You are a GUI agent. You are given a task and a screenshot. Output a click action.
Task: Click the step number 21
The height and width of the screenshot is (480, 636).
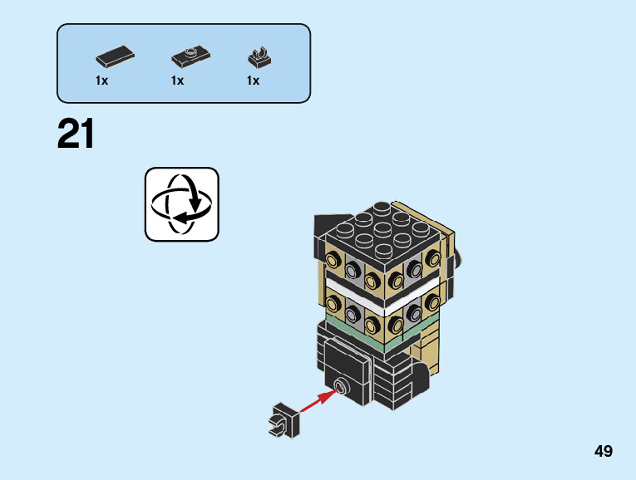76,135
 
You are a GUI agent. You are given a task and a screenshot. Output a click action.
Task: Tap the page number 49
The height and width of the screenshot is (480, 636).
604,452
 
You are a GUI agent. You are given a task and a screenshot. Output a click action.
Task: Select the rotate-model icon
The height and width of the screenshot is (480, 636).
182,204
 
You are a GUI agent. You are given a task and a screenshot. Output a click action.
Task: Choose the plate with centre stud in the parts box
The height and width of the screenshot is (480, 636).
190,57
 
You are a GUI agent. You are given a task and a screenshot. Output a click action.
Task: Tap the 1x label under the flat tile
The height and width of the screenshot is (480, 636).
102,81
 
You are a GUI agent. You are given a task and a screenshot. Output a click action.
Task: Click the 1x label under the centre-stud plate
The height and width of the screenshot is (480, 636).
178,81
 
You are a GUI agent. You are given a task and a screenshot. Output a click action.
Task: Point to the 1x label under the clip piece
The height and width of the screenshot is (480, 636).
253,81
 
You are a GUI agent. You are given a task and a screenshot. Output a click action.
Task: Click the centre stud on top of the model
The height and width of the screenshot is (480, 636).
382,227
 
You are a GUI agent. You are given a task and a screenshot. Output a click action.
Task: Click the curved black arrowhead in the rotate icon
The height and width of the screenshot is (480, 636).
197,202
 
